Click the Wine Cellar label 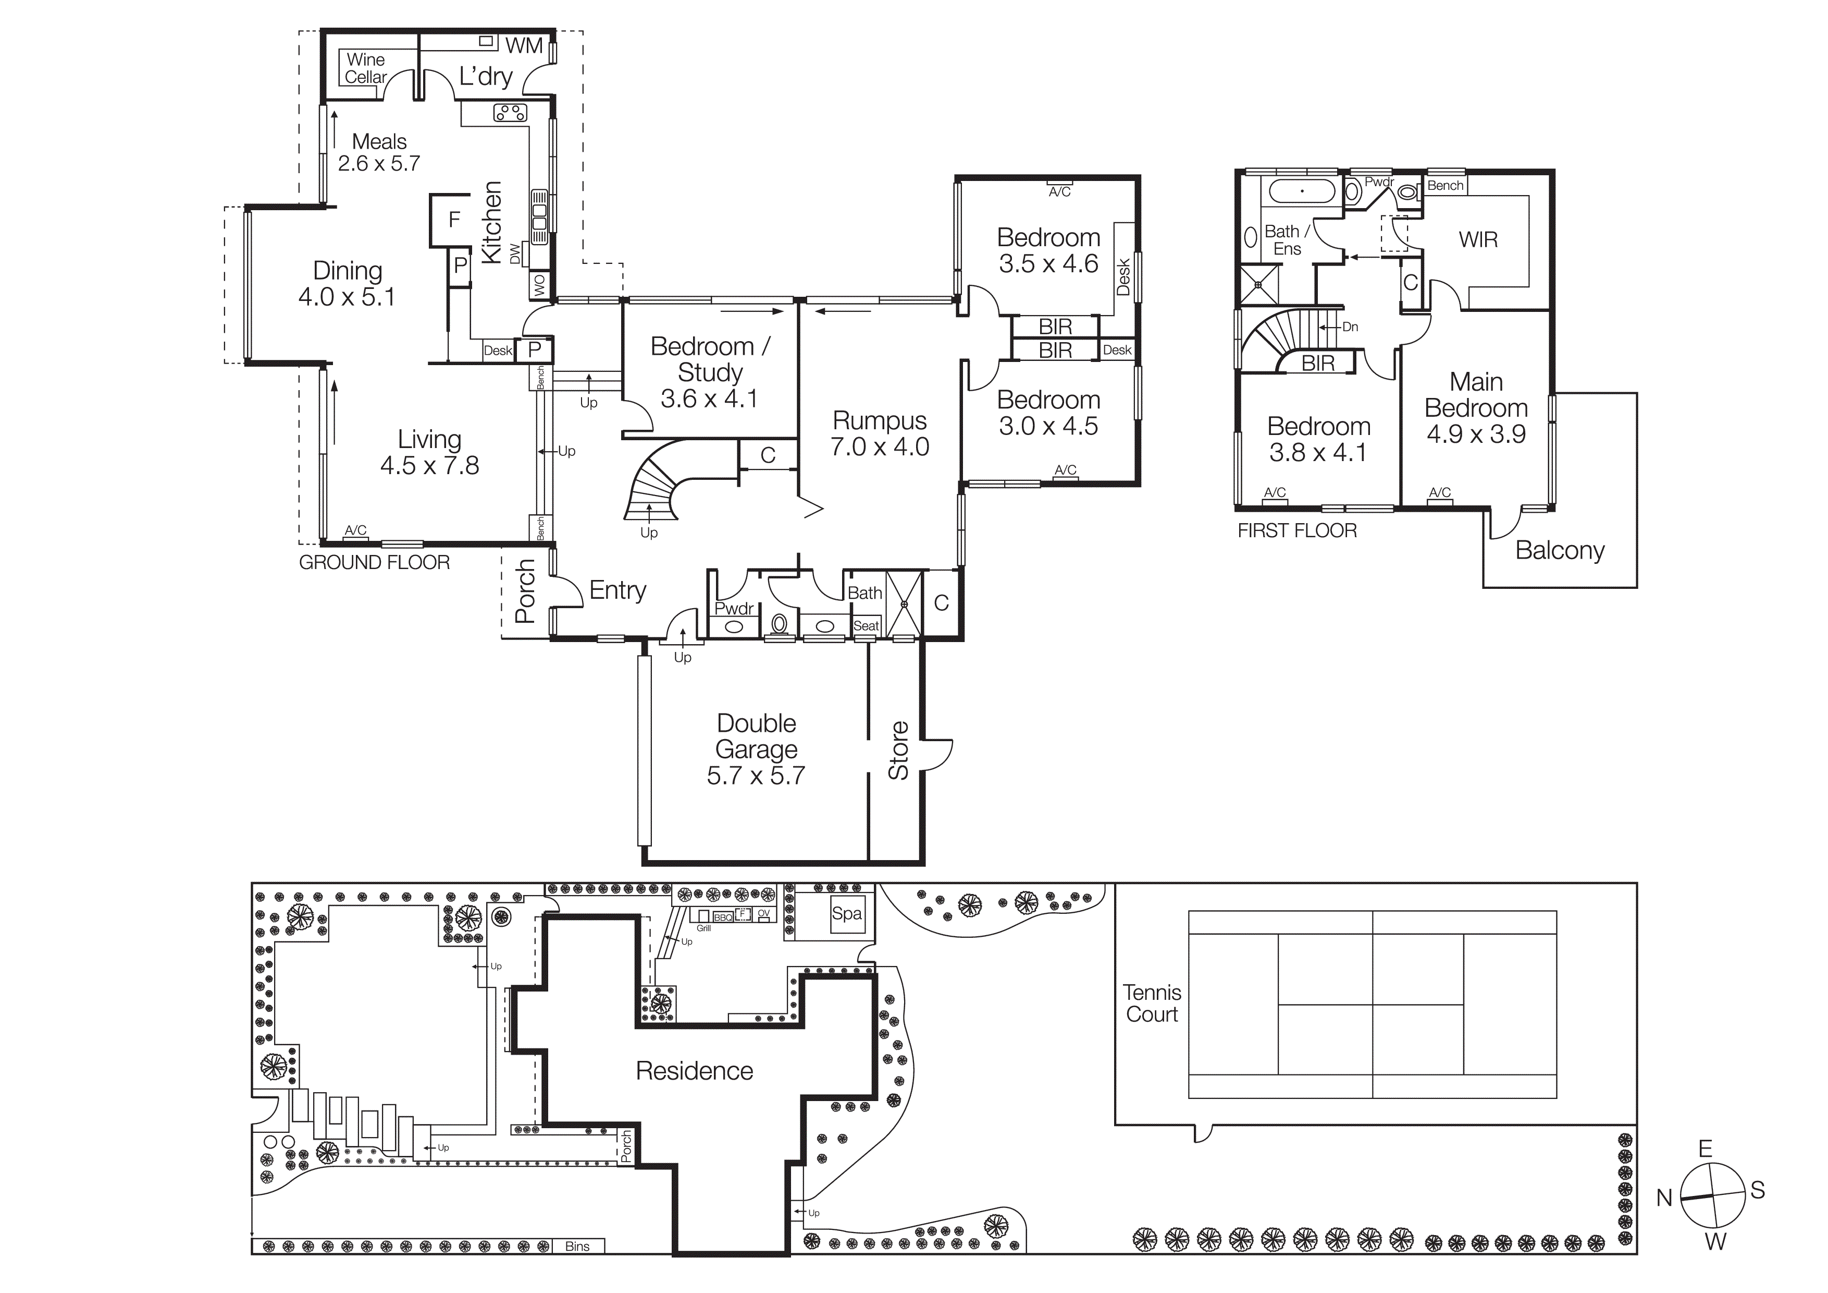click(x=365, y=68)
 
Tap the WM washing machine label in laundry click(x=524, y=46)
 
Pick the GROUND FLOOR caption click(x=374, y=562)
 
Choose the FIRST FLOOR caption click(x=1297, y=530)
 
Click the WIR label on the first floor click(x=1478, y=240)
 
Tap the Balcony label click(x=1559, y=550)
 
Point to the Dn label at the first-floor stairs click(x=1350, y=327)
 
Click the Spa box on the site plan click(x=846, y=914)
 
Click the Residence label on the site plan click(x=694, y=1071)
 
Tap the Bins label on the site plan click(x=577, y=1246)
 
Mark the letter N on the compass click(x=1664, y=1198)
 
